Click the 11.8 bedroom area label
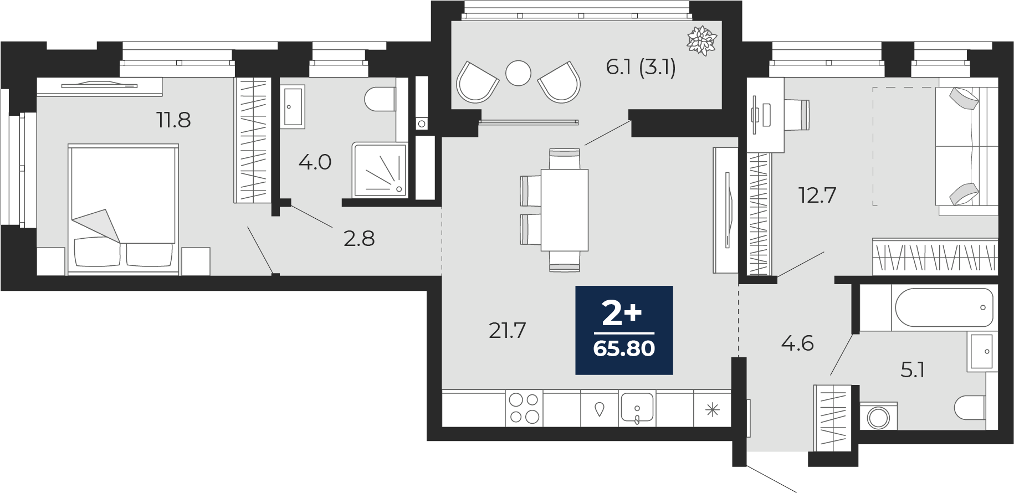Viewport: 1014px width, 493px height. pyautogui.click(x=174, y=120)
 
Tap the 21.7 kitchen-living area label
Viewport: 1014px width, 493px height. pyautogui.click(x=507, y=331)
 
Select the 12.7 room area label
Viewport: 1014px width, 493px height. pyautogui.click(x=817, y=195)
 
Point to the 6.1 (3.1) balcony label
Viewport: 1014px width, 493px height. pyautogui.click(x=641, y=68)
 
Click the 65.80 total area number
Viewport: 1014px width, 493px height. pyautogui.click(x=624, y=348)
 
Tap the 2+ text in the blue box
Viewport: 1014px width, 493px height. pyautogui.click(x=622, y=314)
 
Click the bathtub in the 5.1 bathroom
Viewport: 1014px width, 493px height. pyautogui.click(x=944, y=307)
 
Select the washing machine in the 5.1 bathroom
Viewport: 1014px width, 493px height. pyautogui.click(x=879, y=415)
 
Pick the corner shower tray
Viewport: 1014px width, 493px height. pyautogui.click(x=380, y=170)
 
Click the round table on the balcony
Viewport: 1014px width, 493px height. pyautogui.click(x=519, y=72)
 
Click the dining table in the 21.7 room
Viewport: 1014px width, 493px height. pyautogui.click(x=564, y=210)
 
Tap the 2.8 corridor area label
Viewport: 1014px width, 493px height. pyautogui.click(x=359, y=239)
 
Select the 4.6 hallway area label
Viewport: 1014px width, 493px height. pyautogui.click(x=797, y=343)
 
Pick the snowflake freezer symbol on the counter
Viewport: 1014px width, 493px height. pyautogui.click(x=712, y=410)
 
